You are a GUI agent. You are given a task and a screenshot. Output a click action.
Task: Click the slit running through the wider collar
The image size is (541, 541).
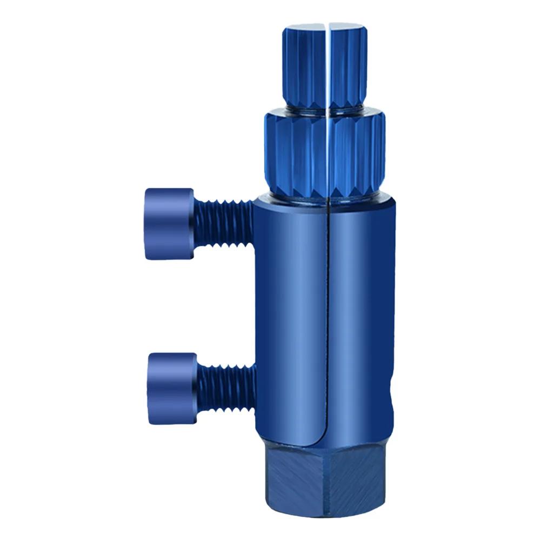328,154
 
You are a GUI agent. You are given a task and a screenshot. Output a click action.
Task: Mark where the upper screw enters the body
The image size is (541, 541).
252,222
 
